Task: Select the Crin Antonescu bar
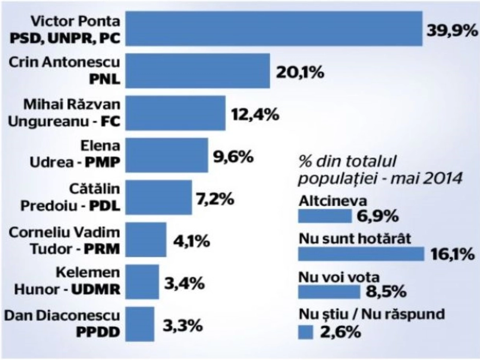click(197, 71)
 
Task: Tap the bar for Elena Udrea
click(166, 155)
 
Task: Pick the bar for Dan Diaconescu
click(140, 324)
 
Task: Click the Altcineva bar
click(325, 216)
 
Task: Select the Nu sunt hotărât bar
click(361, 254)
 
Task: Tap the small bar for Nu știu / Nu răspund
click(305, 332)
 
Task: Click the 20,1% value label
click(300, 72)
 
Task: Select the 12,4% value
click(255, 114)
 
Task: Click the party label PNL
click(105, 80)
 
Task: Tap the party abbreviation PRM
click(102, 249)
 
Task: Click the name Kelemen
click(88, 272)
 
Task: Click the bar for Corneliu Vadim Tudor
click(146, 240)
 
